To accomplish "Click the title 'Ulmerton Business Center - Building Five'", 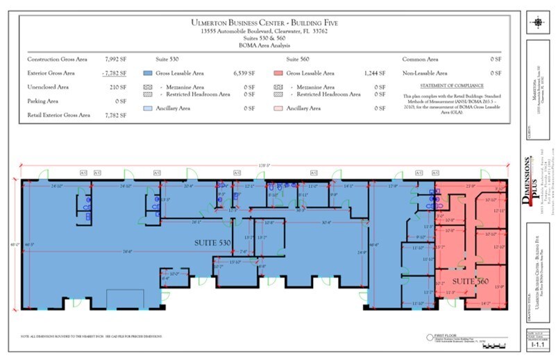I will point(269,22).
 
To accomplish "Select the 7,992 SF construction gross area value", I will point(115,60).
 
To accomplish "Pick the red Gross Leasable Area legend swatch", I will point(278,73).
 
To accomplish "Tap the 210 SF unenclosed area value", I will point(117,87).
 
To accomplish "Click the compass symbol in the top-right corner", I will point(539,22).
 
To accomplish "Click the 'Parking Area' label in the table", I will point(43,101).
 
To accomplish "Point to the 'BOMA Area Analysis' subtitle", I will point(269,45).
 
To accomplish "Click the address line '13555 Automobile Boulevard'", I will point(269,31).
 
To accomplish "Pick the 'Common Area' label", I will point(421,60).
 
